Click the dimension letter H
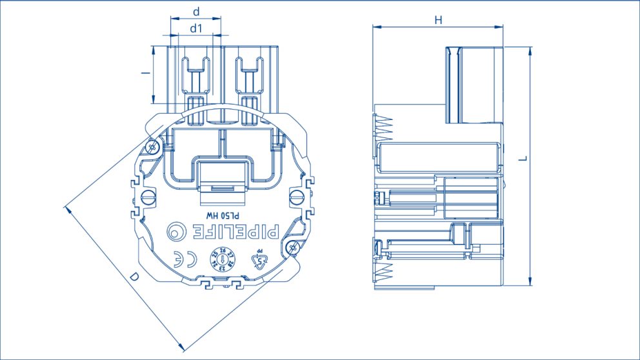click(438, 20)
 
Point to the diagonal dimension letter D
click(134, 277)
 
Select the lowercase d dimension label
click(196, 12)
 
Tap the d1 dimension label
click(196, 28)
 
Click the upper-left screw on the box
click(153, 147)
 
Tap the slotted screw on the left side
click(148, 196)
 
